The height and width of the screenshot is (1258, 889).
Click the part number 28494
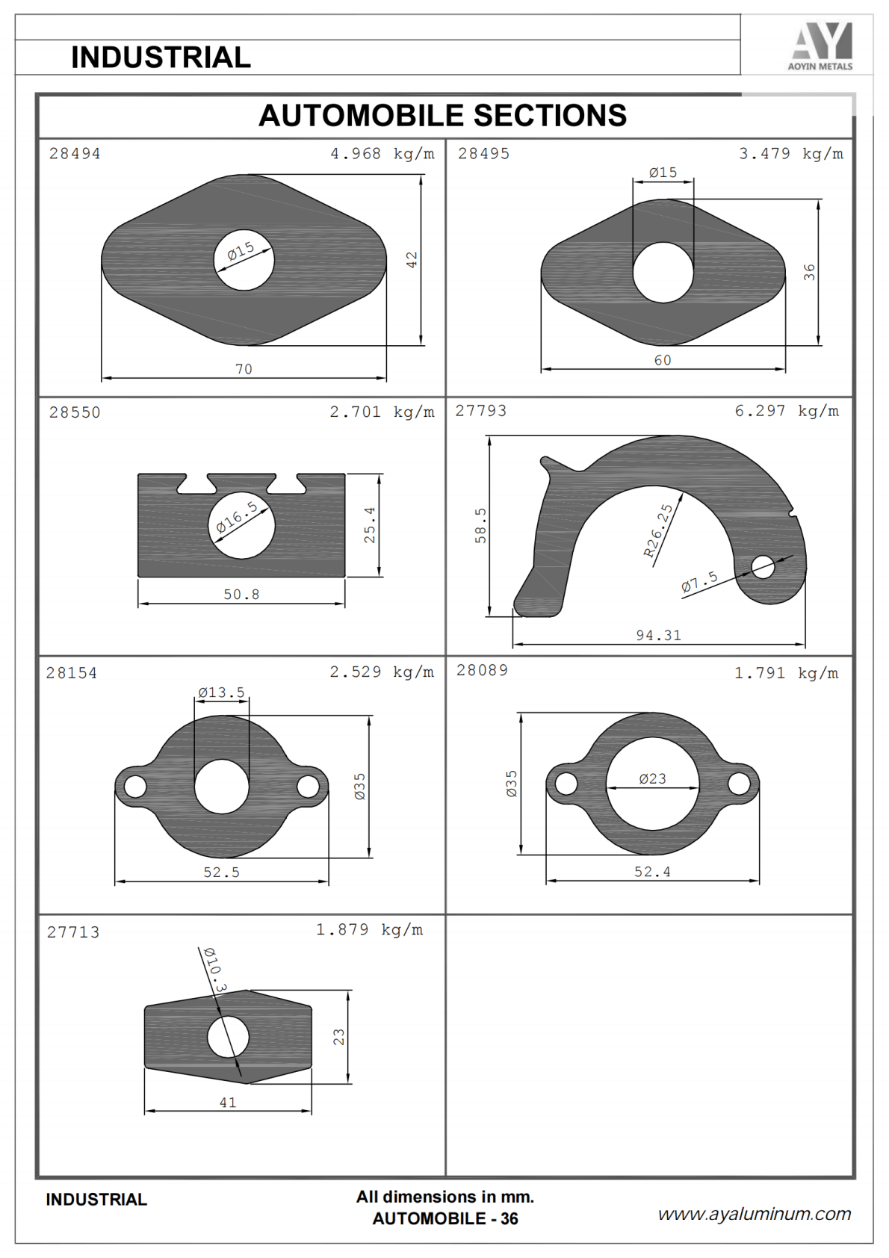point(75,154)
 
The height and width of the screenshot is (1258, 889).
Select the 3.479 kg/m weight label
point(790,154)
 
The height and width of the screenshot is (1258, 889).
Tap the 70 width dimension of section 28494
point(244,369)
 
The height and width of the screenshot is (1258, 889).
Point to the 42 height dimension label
point(412,259)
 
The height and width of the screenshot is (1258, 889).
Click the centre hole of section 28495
point(663,273)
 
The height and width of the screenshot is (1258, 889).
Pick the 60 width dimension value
point(663,360)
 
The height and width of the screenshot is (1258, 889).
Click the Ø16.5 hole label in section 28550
point(237,517)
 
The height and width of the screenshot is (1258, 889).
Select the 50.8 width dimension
point(241,594)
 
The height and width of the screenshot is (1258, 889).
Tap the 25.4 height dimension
point(369,525)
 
